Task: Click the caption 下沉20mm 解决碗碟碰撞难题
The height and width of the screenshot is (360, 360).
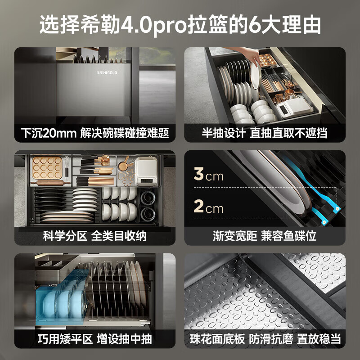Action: tap(95, 133)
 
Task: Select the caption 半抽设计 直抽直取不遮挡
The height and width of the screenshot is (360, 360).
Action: tap(265, 133)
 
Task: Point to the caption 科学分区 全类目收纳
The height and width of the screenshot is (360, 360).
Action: tap(95, 235)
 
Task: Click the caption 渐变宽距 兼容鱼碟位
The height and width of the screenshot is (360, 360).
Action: tap(265, 235)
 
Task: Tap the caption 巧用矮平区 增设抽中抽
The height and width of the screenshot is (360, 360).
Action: tap(95, 338)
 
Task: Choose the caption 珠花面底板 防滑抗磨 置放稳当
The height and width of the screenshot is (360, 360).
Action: tap(265, 338)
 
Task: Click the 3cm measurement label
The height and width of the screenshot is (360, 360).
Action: tap(208, 175)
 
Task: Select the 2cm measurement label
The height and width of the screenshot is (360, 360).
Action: tap(208, 208)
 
